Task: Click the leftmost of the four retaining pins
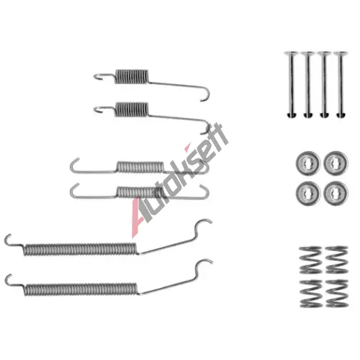(292, 84)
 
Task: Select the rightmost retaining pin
(341, 84)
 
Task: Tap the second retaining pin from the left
(308, 84)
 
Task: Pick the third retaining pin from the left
(324, 84)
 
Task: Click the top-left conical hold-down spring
(310, 260)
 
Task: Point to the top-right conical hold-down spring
(337, 260)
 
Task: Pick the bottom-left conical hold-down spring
(311, 293)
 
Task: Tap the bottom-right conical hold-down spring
(337, 293)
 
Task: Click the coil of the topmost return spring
(132, 76)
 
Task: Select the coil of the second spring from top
(132, 109)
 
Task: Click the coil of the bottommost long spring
(81, 289)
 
